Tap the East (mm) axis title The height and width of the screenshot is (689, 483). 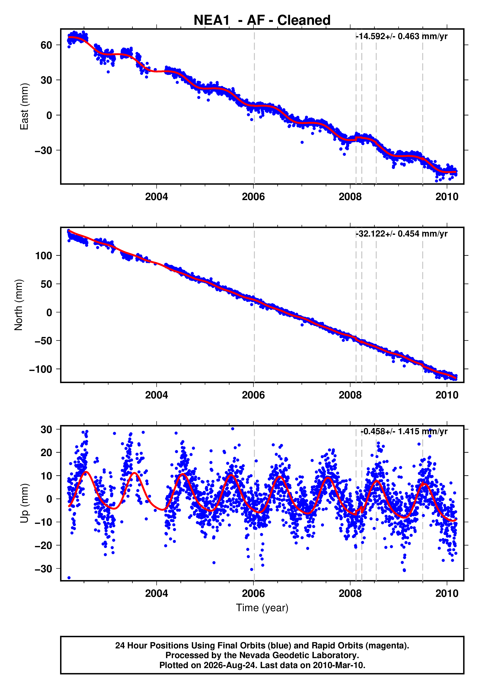[24, 106]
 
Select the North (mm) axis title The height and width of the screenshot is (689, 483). [18, 305]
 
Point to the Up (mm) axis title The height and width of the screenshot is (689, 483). [24, 503]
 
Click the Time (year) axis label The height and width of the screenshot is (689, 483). [262, 608]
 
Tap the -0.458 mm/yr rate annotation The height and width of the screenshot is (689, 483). [404, 431]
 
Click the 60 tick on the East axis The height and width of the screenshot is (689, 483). [46, 45]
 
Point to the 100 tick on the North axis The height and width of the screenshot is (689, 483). [44, 256]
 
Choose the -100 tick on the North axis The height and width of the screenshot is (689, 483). [41, 369]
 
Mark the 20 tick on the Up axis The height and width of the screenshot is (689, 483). [46, 452]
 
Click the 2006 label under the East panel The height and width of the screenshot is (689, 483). [253, 197]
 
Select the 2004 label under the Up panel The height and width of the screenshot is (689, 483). [156, 593]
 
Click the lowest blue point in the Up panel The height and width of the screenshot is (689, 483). [69, 578]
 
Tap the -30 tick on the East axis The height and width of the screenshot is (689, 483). [44, 150]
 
